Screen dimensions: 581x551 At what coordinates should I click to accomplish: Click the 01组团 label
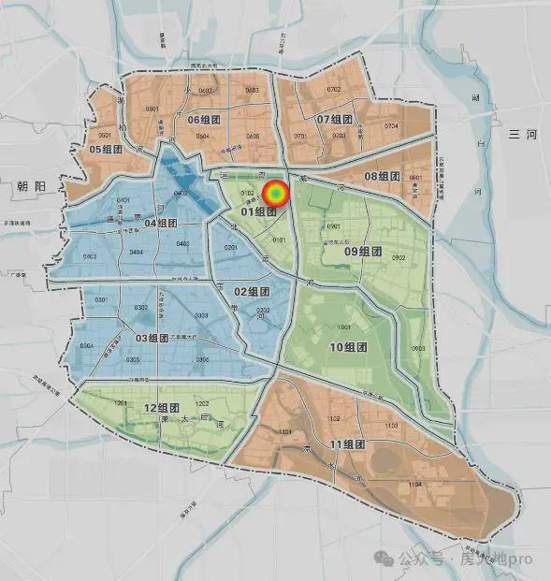coord(258,211)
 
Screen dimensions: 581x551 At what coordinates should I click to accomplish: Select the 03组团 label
coord(156,338)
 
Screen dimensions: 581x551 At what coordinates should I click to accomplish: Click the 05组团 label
coord(106,149)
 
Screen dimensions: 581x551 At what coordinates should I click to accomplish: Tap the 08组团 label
coord(382,176)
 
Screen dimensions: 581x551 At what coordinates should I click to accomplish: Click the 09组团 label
coord(364,250)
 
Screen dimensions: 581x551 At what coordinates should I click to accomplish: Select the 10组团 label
coord(348,346)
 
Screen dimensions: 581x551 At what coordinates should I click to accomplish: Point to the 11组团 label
coord(348,443)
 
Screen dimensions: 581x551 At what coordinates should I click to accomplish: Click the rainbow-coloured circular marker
coord(276,194)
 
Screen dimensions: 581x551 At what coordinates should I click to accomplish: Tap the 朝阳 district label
coord(30,186)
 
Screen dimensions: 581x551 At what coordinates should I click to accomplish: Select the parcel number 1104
coord(415,484)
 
